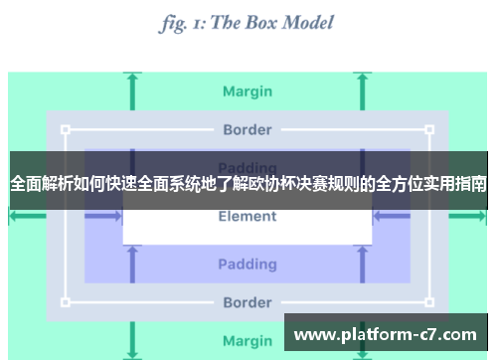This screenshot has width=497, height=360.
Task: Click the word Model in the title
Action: pos(301,22)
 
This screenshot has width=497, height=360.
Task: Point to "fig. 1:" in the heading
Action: pos(181,22)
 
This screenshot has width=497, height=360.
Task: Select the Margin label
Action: pos(248,91)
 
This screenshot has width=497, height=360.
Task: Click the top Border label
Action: pos(248,129)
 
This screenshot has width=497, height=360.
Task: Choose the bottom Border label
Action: pos(248,302)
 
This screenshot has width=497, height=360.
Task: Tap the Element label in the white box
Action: pos(248,217)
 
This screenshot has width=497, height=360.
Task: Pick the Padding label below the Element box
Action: pos(248,264)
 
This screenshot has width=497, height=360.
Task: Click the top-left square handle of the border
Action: pos(66,129)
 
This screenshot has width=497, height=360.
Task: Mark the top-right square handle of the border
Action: pos(429,129)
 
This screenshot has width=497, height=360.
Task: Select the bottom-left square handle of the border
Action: pos(66,302)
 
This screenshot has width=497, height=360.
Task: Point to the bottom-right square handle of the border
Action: pos(429,302)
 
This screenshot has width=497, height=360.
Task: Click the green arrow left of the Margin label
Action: pos(131,91)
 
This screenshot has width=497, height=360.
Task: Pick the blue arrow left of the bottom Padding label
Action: pos(131,264)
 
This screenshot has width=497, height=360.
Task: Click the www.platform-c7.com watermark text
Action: pos(386,334)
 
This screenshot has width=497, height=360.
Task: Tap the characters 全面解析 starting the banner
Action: pos(41,184)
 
